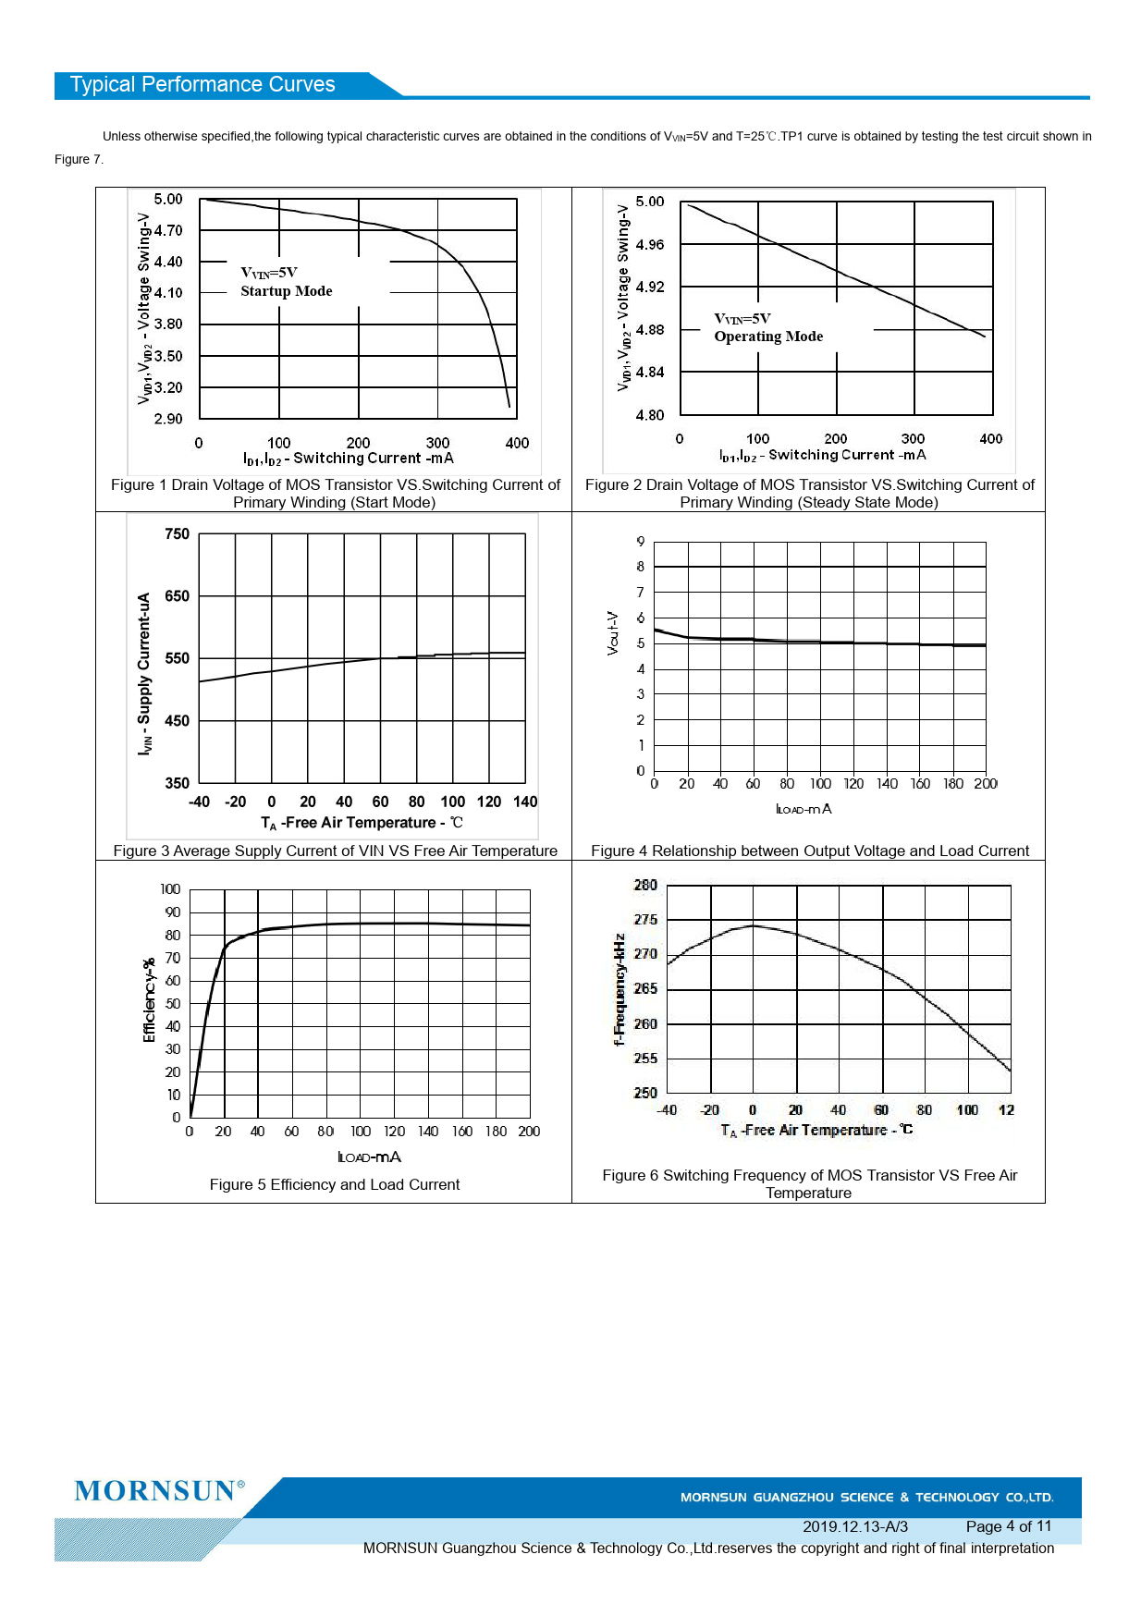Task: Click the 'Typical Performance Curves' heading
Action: coord(202,85)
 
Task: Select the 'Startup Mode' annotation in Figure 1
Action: coord(286,291)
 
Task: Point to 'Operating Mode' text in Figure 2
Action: coord(767,337)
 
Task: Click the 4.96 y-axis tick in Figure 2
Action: coord(649,245)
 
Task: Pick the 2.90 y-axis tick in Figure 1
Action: coord(168,419)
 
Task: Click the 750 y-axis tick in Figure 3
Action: coord(177,534)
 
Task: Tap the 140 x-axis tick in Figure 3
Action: coord(525,802)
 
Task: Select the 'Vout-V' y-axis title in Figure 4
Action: coord(612,632)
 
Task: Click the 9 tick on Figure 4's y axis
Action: coord(640,542)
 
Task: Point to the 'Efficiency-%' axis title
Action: coord(149,1000)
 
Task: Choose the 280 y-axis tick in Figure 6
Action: coord(645,886)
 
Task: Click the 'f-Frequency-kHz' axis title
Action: coord(620,989)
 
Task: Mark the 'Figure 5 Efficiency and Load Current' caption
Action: coord(334,1184)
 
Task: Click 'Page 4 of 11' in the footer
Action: coord(1008,1526)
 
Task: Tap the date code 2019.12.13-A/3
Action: coord(854,1526)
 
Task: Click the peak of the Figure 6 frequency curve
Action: coord(754,925)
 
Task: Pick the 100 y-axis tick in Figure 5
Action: coord(170,889)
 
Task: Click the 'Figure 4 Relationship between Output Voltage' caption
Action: coord(809,851)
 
